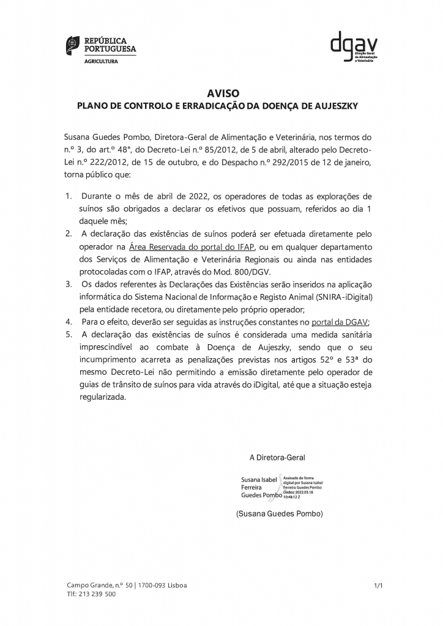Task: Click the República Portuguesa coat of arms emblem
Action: pyautogui.click(x=72, y=44)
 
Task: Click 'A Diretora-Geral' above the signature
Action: pyautogui.click(x=277, y=457)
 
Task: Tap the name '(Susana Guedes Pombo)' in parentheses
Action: pyautogui.click(x=279, y=514)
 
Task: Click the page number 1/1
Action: pyautogui.click(x=378, y=586)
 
